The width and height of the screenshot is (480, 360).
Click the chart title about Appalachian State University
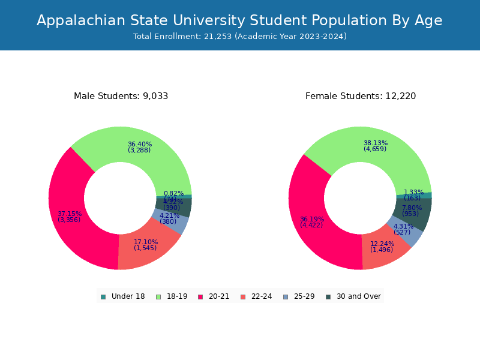[x=239, y=20]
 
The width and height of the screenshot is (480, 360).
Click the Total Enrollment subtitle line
[x=239, y=37]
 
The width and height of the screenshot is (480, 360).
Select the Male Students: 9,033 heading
[x=121, y=96]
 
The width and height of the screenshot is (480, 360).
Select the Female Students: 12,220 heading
[x=360, y=96]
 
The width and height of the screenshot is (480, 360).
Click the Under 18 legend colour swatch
[x=103, y=296]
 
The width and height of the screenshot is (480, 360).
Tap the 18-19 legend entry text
[x=177, y=296]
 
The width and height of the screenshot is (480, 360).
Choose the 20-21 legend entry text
[x=219, y=296]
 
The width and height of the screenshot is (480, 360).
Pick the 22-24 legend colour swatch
[x=243, y=296]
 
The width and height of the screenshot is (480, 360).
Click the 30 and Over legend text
[x=359, y=296]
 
